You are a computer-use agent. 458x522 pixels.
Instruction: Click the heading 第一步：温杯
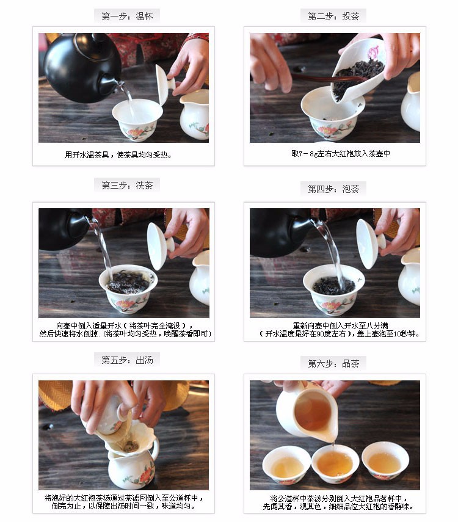[x=127, y=16]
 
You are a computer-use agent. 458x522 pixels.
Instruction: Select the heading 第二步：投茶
[x=333, y=16]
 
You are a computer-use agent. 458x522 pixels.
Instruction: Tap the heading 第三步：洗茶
[x=127, y=185]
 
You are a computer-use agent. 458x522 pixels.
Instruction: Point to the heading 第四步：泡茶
[x=333, y=189]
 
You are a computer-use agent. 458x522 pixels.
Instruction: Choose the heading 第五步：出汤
[x=127, y=360]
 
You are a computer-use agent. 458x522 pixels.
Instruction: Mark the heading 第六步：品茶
[x=333, y=363]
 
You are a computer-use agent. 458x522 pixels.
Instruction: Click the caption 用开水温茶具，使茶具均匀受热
[x=118, y=155]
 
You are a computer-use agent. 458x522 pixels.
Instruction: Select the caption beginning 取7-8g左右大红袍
[x=340, y=153]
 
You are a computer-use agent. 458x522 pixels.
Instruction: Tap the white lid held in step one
[x=164, y=84]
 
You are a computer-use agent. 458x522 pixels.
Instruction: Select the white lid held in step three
[x=159, y=245]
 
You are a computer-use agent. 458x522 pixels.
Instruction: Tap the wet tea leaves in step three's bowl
[x=129, y=281]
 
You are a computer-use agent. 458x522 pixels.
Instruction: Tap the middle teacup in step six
[x=335, y=463]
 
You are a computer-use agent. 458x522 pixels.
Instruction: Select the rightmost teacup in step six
[x=385, y=460]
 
